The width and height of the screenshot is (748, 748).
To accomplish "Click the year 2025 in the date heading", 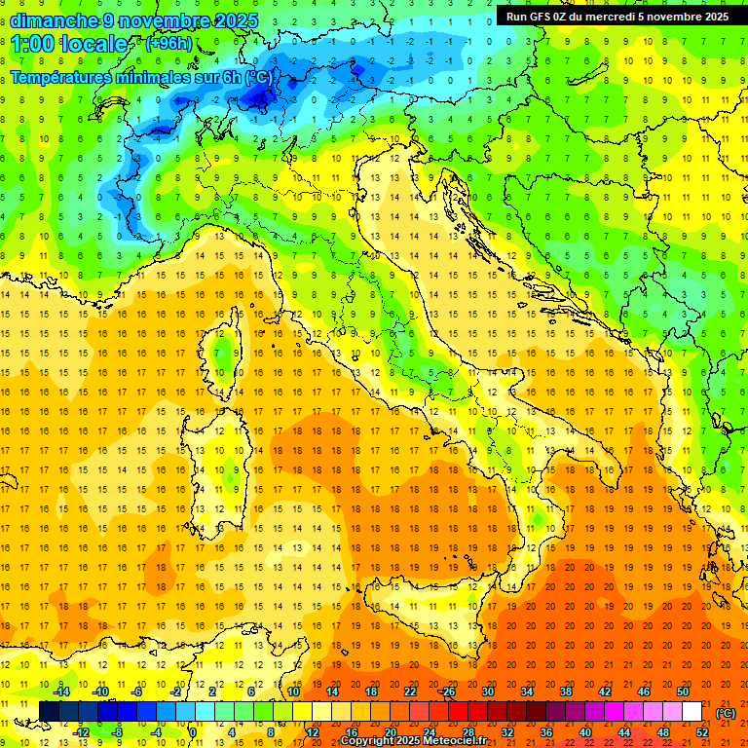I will pyautogui.click(x=233, y=20).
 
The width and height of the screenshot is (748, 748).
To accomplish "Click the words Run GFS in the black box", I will pyautogui.click(x=530, y=17).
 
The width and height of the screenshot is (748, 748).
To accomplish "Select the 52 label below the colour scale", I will pyautogui.click(x=703, y=732).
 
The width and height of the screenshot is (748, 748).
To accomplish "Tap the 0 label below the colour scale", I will pyautogui.click(x=193, y=732).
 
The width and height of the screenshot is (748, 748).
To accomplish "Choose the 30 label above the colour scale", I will pyautogui.click(x=487, y=691).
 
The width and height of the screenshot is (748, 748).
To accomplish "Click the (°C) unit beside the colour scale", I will pyautogui.click(x=726, y=712).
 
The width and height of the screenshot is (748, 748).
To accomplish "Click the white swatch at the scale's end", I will pyautogui.click(x=692, y=712).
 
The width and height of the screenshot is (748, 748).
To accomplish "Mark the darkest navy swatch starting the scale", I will pyautogui.click(x=49, y=712).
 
